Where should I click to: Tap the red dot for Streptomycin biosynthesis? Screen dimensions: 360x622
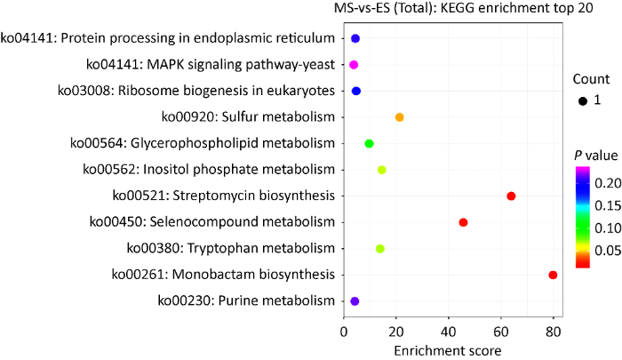point(511,196)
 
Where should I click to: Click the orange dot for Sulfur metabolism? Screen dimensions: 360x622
point(400,117)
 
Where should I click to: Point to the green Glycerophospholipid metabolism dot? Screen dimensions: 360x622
point(370,144)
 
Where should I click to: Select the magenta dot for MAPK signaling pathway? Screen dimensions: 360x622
point(354,65)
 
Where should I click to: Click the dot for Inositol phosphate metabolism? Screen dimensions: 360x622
point(382,170)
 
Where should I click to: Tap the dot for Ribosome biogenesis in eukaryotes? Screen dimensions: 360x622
point(356,91)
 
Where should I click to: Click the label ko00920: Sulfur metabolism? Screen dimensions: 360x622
point(248,116)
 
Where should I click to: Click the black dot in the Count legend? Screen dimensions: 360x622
point(583,100)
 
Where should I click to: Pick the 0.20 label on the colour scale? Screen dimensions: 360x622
point(606,182)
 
